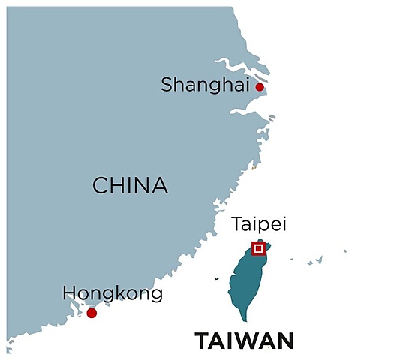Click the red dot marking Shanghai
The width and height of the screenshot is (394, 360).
coord(260,87)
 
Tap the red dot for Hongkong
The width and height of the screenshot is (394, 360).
coord(92,313)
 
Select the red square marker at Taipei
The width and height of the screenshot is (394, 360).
coord(258,247)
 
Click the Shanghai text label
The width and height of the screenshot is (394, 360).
coord(204,85)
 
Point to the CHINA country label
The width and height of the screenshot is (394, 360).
coord(129,185)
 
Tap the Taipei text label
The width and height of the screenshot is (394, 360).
coord(259,224)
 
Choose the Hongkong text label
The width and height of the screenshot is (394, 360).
coord(113,293)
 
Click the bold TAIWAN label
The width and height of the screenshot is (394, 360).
coord(245,341)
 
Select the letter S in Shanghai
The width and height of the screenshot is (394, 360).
coord(167,85)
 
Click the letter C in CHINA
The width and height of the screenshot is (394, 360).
coord(99,185)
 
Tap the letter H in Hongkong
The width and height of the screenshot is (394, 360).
coord(69,293)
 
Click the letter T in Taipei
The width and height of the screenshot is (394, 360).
coord(236,224)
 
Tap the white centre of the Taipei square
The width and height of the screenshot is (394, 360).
coord(258,247)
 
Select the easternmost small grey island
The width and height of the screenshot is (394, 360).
coord(346,250)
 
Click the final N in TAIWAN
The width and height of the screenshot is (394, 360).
coord(284,341)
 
